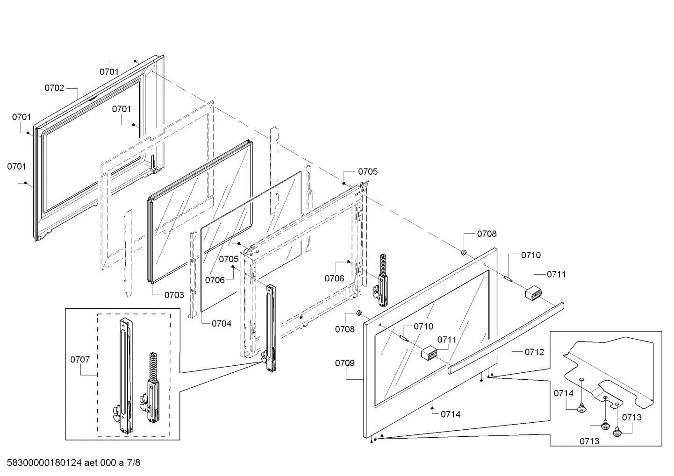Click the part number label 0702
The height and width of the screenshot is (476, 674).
point(54,88)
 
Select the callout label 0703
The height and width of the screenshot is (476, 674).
point(174,295)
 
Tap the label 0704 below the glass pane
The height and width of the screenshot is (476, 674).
point(221,323)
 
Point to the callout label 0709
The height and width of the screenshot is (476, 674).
point(344,363)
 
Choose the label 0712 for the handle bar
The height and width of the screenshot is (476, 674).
point(534,352)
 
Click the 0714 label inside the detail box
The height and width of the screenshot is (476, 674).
point(564,393)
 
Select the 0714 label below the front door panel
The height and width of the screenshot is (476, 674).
point(451,414)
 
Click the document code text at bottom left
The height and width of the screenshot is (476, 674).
point(73,463)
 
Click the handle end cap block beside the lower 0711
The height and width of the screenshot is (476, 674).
point(429,354)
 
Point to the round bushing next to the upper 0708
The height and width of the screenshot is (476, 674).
point(464,252)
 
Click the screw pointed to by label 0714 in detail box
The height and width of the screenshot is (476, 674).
point(582,409)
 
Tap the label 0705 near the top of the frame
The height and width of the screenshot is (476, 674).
point(368,171)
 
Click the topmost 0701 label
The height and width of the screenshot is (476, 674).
point(109,71)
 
